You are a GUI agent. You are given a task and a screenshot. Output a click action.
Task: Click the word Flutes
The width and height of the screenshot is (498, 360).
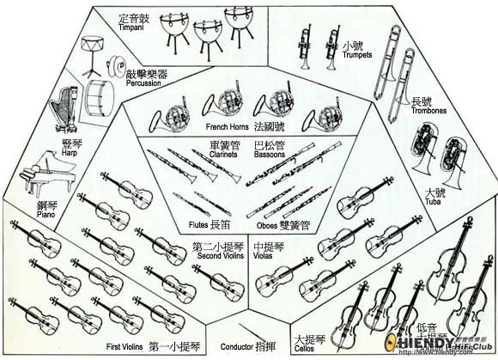pyautogui.click(x=198, y=225)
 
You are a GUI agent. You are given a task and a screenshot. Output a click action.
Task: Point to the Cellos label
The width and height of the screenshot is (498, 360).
pyautogui.click(x=304, y=350)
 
